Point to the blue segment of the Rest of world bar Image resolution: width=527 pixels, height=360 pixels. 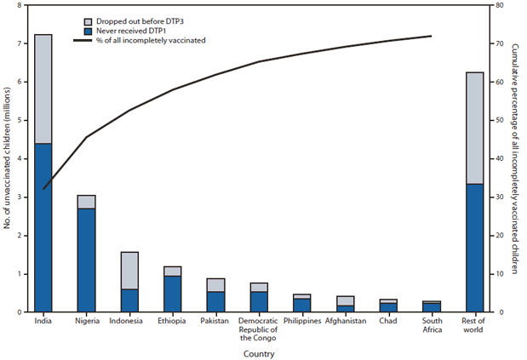(x=474, y=248)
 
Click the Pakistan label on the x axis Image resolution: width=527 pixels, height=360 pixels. (x=215, y=322)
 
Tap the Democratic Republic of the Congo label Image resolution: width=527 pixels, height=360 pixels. (x=259, y=329)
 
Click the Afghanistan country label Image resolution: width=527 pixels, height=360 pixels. (x=345, y=322)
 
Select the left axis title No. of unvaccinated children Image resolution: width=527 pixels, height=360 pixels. (x=8, y=158)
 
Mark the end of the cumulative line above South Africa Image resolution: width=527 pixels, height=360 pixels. (x=432, y=36)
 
